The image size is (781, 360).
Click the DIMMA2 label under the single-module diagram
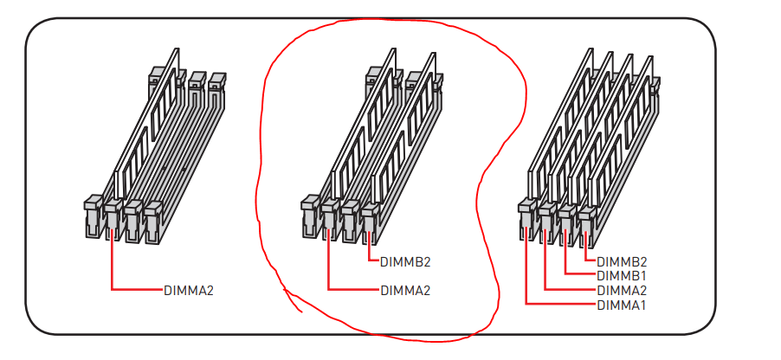[x=188, y=290]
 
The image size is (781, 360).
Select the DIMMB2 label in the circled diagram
[x=404, y=261]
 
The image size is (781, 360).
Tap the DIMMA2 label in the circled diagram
[x=404, y=290]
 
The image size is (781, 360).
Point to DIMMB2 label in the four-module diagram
[x=621, y=261]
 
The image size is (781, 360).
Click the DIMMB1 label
[x=621, y=275]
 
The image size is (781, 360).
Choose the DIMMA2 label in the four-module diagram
[x=621, y=290]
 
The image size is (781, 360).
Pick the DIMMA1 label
[x=621, y=305]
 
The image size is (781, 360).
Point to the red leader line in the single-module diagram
[x=134, y=289]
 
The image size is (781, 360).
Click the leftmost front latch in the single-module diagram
[x=92, y=216]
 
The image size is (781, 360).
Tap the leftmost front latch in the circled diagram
[x=308, y=216]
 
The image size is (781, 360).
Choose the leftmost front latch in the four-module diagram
[x=525, y=216]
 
